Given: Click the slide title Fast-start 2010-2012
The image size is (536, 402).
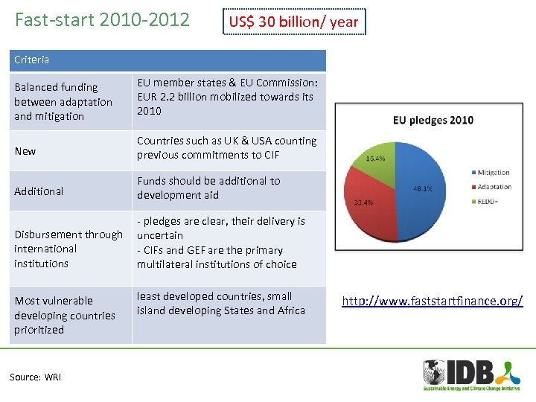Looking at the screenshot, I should point(102,20).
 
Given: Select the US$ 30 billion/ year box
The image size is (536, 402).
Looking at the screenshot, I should point(293,22).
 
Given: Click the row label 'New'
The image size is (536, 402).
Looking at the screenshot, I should point(25,151).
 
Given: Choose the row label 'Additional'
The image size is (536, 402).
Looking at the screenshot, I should point(39,191).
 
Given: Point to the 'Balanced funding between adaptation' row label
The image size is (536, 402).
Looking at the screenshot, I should point(63,102).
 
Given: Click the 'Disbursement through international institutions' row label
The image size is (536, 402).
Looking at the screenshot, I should point(68,249).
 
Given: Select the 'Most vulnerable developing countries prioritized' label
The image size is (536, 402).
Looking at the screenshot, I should point(65,315).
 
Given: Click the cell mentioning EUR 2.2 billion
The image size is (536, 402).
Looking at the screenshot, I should point(227,97).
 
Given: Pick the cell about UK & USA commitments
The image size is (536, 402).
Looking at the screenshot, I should point(226,147).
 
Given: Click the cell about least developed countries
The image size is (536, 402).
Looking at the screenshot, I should point(221,304).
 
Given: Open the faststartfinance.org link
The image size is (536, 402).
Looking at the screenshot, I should point(432,301).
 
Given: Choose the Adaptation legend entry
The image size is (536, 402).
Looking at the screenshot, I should point(494,187).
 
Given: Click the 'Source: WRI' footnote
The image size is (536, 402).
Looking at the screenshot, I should point(35,377).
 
